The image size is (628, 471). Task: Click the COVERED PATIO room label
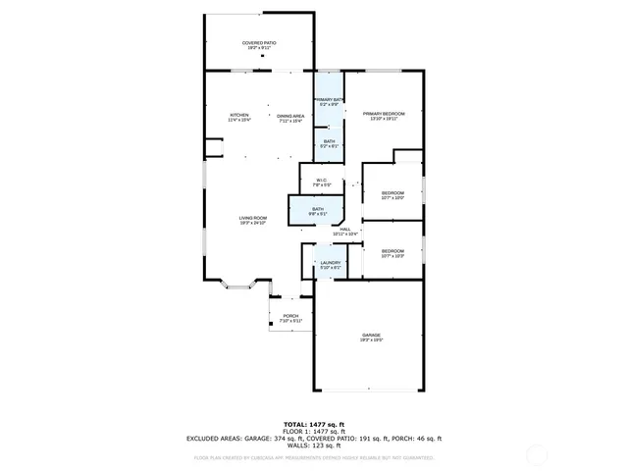(260, 43)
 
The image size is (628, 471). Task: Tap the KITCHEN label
(240, 116)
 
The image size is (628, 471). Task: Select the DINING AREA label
(290, 116)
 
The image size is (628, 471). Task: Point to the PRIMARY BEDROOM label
(384, 114)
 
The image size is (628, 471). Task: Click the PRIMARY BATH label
(328, 100)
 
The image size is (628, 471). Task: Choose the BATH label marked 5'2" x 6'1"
(329, 142)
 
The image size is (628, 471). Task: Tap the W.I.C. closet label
(321, 180)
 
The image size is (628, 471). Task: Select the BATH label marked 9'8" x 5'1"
(318, 209)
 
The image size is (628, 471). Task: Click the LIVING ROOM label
(253, 219)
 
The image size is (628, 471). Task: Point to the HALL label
(345, 229)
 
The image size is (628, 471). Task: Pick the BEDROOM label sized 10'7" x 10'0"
(392, 193)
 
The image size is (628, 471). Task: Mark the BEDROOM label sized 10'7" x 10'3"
(392, 251)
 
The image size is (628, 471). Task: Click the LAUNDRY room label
(330, 263)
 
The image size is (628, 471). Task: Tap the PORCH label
(290, 316)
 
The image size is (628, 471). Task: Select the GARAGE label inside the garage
(370, 336)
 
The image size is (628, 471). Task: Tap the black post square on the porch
(272, 323)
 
